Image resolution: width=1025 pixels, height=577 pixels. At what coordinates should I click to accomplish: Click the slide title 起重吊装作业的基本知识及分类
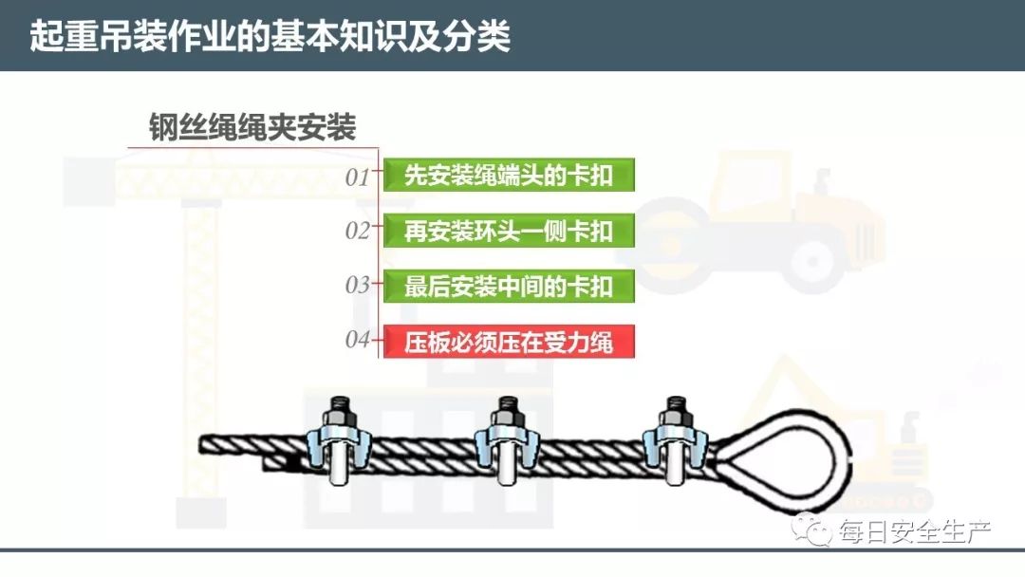coord(270,36)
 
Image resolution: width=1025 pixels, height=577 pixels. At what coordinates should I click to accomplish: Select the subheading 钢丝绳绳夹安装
coord(252,127)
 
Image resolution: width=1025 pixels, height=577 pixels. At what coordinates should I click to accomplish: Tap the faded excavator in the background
coord(854,427)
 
